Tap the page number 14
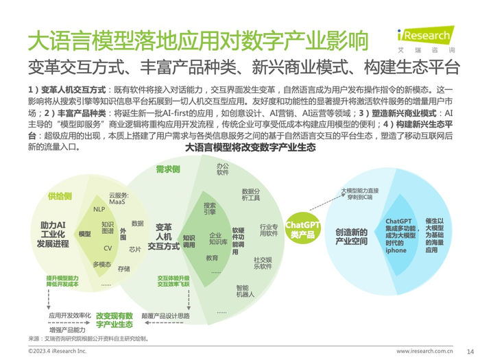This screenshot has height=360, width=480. tap(470, 350)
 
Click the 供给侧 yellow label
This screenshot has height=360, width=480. tap(60, 196)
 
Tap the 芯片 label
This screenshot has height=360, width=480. tap(135, 250)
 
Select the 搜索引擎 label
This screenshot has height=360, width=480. tap(210, 208)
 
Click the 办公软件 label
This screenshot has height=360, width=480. tap(223, 169)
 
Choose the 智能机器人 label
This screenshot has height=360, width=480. tap(245, 291)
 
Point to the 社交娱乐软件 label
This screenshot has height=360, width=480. tap(263, 263)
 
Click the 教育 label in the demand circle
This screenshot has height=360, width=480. tap(212, 258)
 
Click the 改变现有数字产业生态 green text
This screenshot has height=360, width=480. tap(115, 320)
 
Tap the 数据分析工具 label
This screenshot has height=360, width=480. tap(250, 195)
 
